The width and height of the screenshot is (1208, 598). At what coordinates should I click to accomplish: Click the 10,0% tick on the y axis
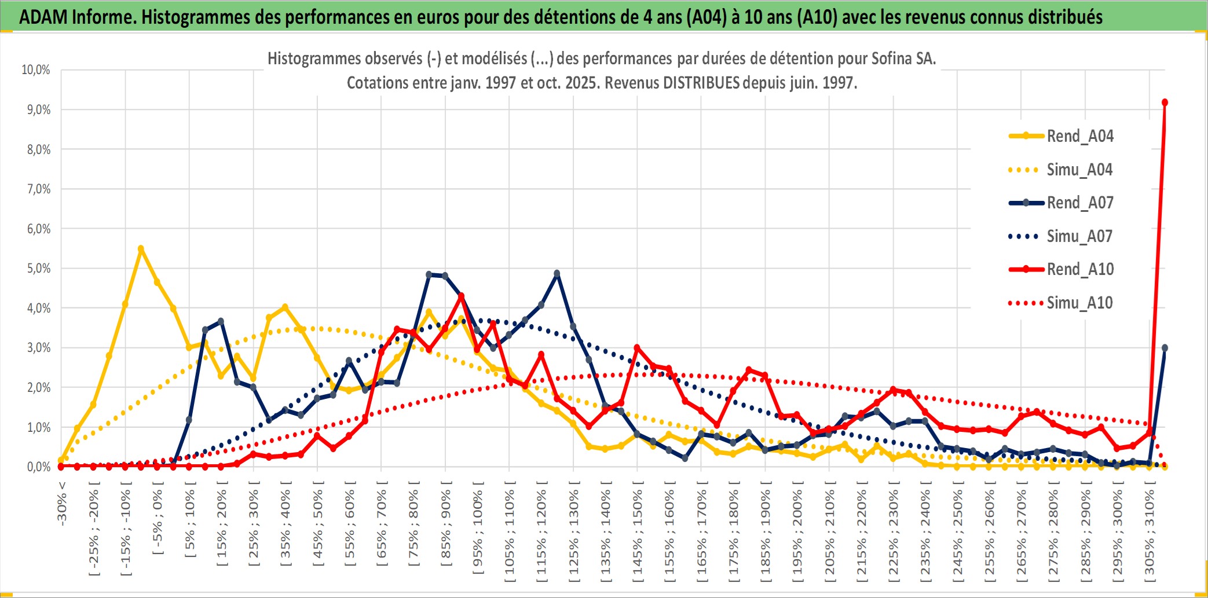[36, 70]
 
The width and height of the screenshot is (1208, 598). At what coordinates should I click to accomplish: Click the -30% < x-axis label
[62, 503]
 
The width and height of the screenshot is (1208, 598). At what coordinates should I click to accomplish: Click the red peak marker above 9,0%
[1165, 102]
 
